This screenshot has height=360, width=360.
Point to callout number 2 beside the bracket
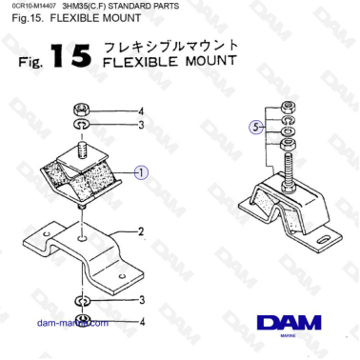140,231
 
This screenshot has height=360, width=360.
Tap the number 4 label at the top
141,110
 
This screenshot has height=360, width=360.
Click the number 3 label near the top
141,125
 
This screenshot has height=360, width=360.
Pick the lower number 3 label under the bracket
141,301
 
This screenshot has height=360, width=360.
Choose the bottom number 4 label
141,321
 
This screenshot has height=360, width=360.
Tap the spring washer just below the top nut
83,125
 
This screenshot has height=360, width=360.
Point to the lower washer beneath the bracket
83,301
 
